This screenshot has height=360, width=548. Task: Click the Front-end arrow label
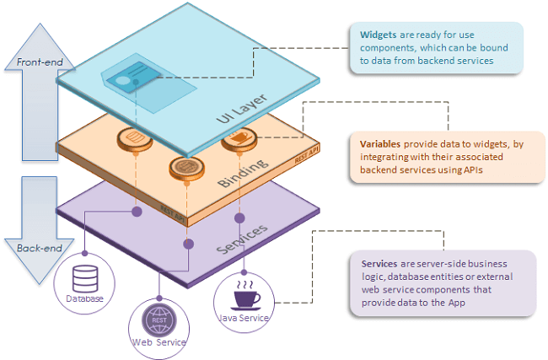[28, 62]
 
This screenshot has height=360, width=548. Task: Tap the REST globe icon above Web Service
[158, 320]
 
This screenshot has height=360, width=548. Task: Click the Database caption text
[84, 299]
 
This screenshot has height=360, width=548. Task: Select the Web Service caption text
[158, 341]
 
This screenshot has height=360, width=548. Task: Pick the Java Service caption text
[243, 318]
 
